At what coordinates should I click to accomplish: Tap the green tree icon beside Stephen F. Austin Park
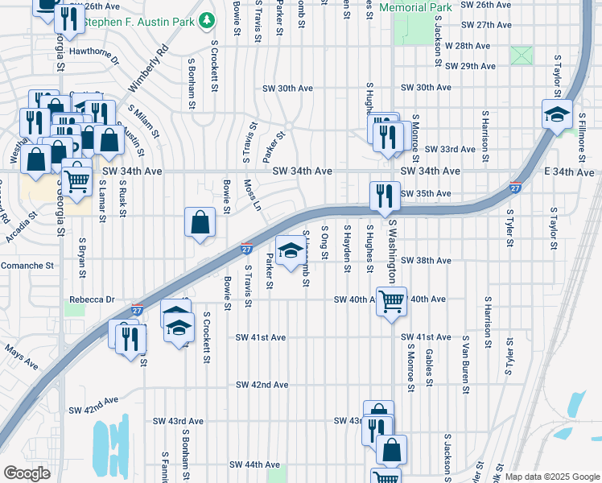[x=207, y=18]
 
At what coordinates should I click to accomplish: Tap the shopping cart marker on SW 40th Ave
[x=391, y=302]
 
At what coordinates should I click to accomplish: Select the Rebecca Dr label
[x=93, y=299]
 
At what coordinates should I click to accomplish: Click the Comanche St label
[x=27, y=265]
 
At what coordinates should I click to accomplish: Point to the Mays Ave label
[x=21, y=357]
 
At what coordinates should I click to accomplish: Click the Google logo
[x=27, y=473]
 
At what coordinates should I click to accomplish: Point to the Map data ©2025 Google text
[x=551, y=477]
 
